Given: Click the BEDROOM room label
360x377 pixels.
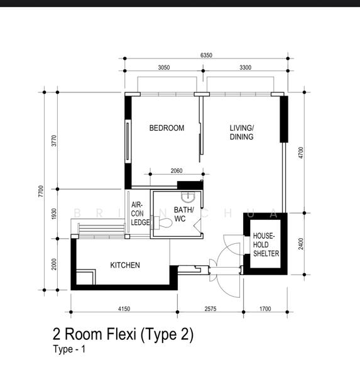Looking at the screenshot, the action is [x=166, y=128].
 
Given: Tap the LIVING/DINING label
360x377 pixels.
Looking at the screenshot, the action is [x=242, y=132].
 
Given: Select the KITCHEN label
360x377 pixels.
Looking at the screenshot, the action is [x=125, y=265].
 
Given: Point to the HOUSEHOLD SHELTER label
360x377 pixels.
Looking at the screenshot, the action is [x=266, y=245].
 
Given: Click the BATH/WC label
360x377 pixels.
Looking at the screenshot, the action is [x=183, y=214].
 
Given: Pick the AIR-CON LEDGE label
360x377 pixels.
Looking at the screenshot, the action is [x=140, y=214].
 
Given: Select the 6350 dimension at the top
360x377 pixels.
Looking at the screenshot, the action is [x=206, y=55].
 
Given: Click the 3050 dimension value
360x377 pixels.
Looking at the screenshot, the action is [x=164, y=68].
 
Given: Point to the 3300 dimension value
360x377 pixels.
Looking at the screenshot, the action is [x=245, y=68].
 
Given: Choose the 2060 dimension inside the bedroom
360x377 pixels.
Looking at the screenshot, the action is [x=177, y=171].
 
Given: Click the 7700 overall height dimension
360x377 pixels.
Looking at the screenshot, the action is [x=41, y=191].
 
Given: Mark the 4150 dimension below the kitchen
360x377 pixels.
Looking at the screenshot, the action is [x=124, y=309].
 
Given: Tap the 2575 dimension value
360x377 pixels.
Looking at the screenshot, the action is [x=210, y=309].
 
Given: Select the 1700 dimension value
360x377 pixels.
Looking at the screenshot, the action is [x=265, y=309].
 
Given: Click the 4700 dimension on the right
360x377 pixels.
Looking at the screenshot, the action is [x=301, y=153].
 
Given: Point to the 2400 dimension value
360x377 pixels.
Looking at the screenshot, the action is [x=301, y=244].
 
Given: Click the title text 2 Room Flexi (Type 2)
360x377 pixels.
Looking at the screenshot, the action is [x=123, y=334].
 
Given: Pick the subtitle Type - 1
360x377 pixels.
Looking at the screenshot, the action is [x=69, y=349].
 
